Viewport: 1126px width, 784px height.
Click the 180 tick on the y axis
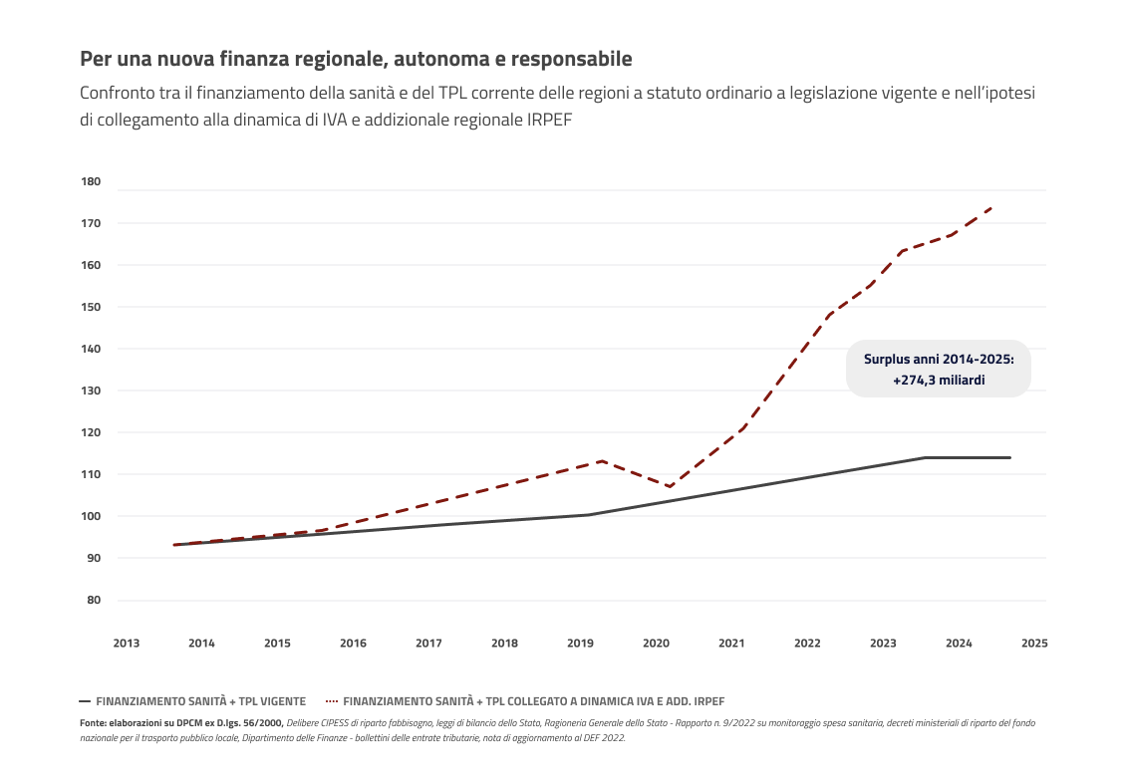(91, 181)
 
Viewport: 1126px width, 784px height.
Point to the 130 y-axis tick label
(91, 391)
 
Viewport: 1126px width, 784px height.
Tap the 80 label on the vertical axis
(94, 600)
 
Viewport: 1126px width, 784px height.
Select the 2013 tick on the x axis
(126, 644)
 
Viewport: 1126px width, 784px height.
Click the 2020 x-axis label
(656, 644)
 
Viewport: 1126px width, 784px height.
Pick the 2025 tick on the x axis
(1034, 644)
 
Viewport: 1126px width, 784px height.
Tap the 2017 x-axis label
(428, 644)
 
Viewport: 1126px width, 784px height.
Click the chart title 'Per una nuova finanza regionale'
(356, 59)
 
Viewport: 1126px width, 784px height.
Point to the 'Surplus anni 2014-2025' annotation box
(938, 369)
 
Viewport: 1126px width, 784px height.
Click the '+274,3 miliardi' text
(938, 380)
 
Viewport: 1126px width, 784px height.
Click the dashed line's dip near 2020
(670, 486)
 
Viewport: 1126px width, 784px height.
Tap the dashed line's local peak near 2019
(602, 461)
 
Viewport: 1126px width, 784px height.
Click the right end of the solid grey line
(1009, 457)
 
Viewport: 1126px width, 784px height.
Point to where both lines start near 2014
(174, 545)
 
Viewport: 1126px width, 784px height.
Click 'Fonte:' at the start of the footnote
(94, 722)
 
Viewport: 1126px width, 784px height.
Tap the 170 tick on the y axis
(91, 223)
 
